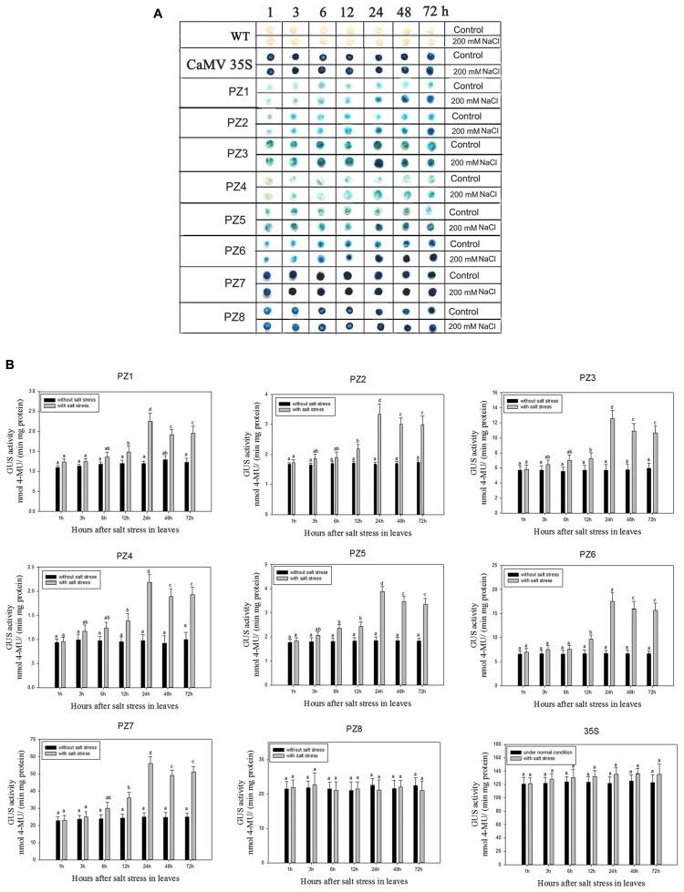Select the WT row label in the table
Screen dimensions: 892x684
coord(217,34)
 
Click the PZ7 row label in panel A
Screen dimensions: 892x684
coord(217,282)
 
